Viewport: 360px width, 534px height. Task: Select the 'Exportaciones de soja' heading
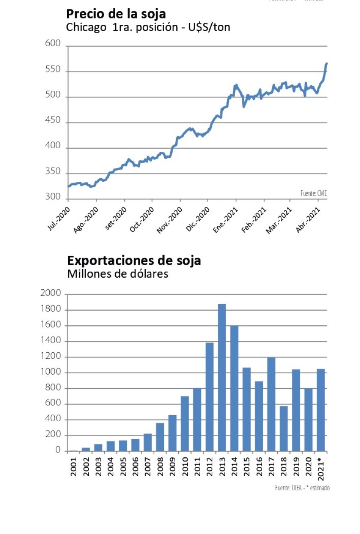tap(134, 260)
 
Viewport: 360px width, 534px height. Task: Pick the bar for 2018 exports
tap(283, 428)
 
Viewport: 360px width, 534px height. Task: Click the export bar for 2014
tap(234, 388)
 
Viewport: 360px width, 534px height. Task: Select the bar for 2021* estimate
tap(321, 410)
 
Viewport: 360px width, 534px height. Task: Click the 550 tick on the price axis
tap(53, 71)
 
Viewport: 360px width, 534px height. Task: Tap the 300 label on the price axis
tap(53, 198)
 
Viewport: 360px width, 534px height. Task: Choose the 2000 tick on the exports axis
tap(51, 294)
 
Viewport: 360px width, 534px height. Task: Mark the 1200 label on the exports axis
tap(51, 357)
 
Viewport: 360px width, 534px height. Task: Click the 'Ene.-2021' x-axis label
tap(225, 220)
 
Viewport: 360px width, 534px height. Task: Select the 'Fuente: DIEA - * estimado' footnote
tap(302, 488)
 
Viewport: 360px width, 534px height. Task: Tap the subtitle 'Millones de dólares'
tap(117, 274)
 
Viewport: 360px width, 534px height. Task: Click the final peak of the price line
tap(327, 64)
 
